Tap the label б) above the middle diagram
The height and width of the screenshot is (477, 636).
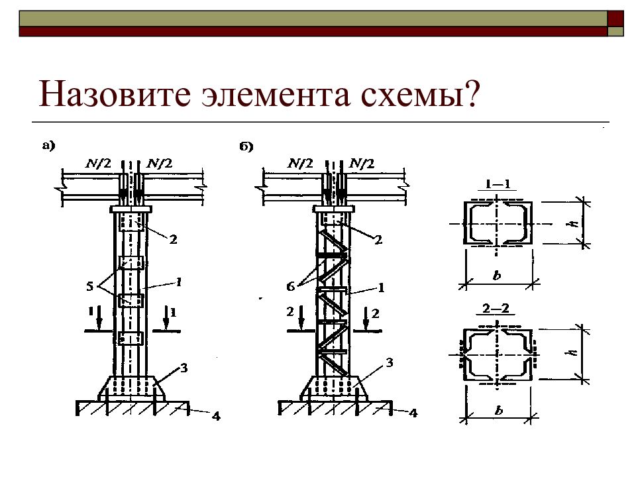tap(247, 146)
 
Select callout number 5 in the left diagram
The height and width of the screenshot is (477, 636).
tap(90, 287)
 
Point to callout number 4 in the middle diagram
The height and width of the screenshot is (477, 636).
tap(413, 413)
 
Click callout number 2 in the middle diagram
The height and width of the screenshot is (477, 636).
tap(378, 240)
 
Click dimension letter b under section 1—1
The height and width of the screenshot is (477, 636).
tap(497, 274)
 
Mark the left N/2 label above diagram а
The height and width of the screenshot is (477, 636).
tap(99, 162)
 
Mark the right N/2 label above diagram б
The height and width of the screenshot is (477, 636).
tap(362, 162)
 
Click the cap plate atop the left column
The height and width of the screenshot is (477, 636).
tap(131, 210)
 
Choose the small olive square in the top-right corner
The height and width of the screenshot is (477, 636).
tap(616, 30)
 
